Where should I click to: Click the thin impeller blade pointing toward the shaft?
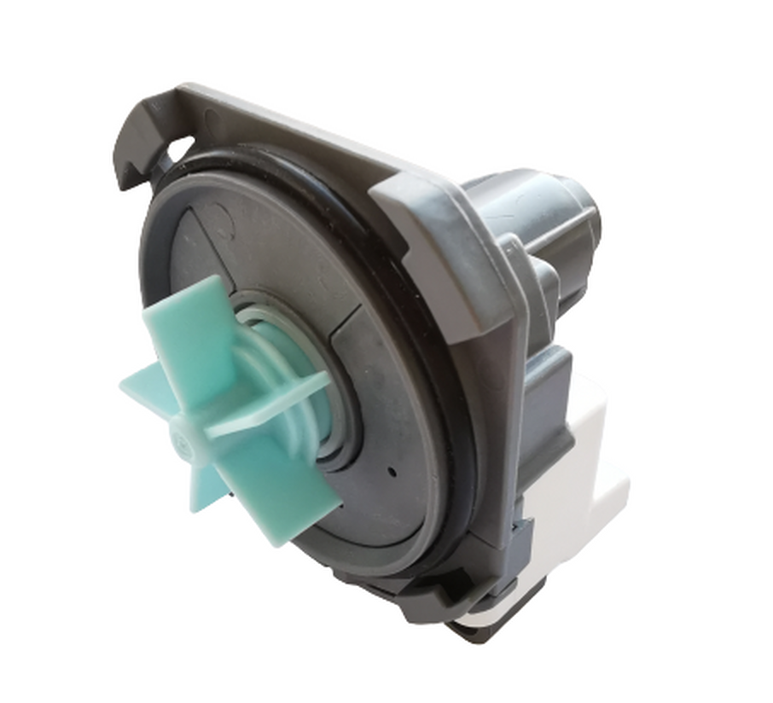coord(273,401)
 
